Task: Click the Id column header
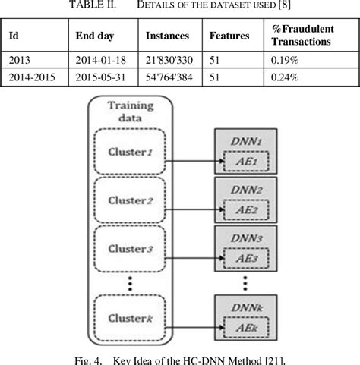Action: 14,36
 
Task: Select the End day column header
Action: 95,36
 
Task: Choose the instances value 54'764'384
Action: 172,77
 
